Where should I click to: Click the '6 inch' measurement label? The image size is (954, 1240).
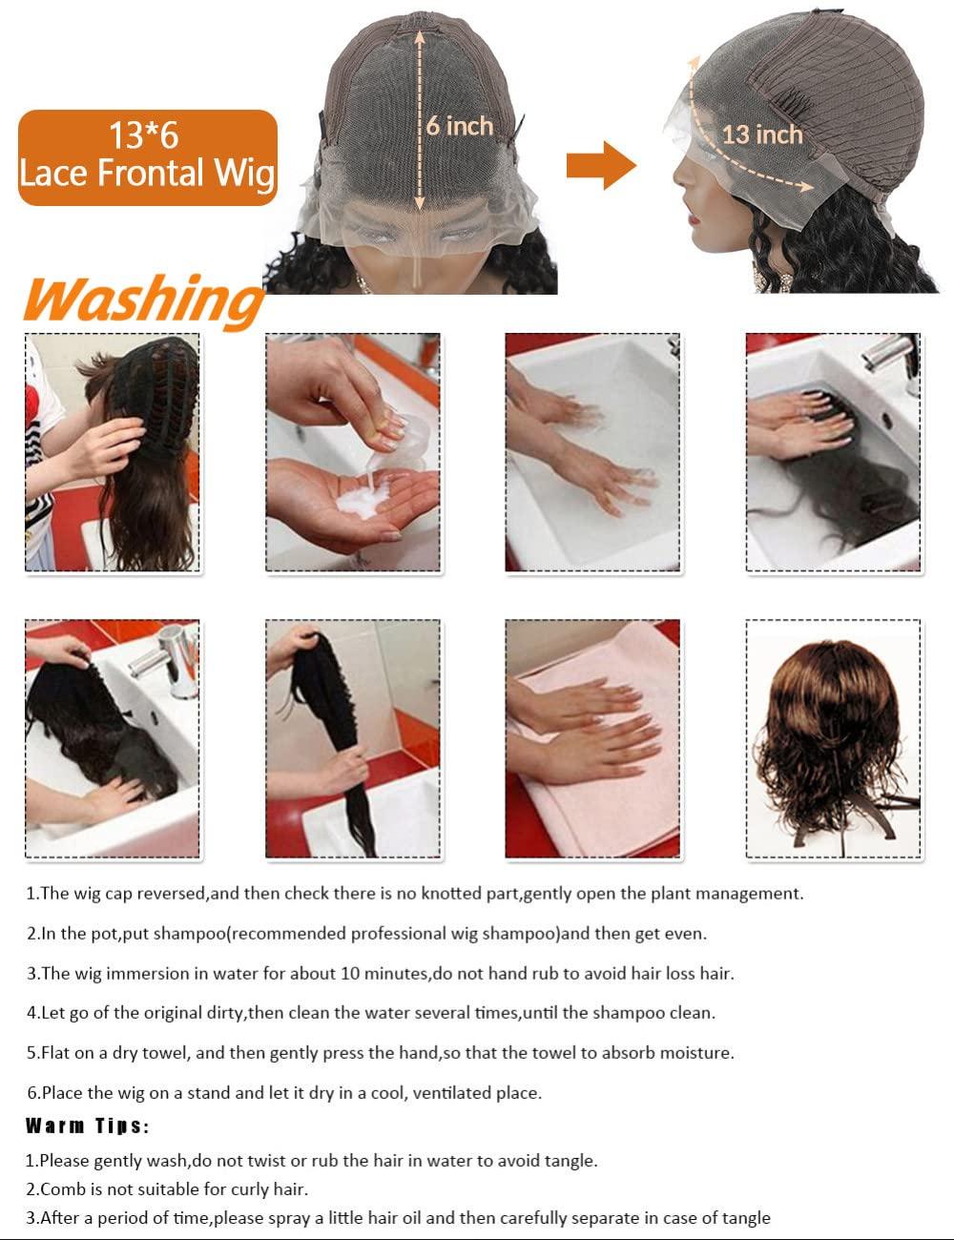[x=459, y=126]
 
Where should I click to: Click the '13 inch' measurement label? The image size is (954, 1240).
[x=762, y=135]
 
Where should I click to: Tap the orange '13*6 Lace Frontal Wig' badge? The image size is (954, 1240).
[x=148, y=157]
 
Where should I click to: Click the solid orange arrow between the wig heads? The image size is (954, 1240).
[x=601, y=165]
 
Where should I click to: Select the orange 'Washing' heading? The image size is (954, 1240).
[x=143, y=300]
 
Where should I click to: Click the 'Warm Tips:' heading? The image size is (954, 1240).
[x=88, y=1126]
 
